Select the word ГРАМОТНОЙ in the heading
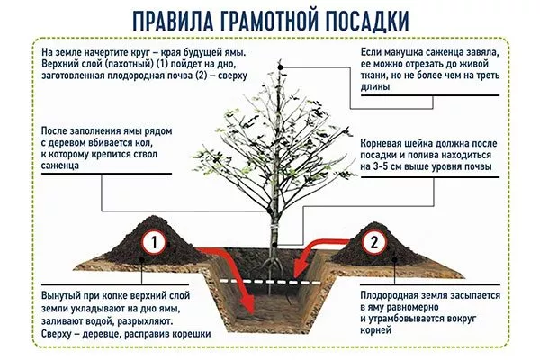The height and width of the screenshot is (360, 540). (267, 22)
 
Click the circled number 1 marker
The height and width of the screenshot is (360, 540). (154, 243)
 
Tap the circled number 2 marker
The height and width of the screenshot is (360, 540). (374, 242)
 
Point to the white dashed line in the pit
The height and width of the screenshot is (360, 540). (271, 282)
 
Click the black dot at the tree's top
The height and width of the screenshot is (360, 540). (281, 67)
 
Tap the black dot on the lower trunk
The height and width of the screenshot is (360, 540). (274, 245)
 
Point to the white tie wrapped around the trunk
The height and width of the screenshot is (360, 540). (274, 227)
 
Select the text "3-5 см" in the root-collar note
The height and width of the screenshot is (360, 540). (388, 166)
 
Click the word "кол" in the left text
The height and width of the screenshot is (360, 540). (144, 142)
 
